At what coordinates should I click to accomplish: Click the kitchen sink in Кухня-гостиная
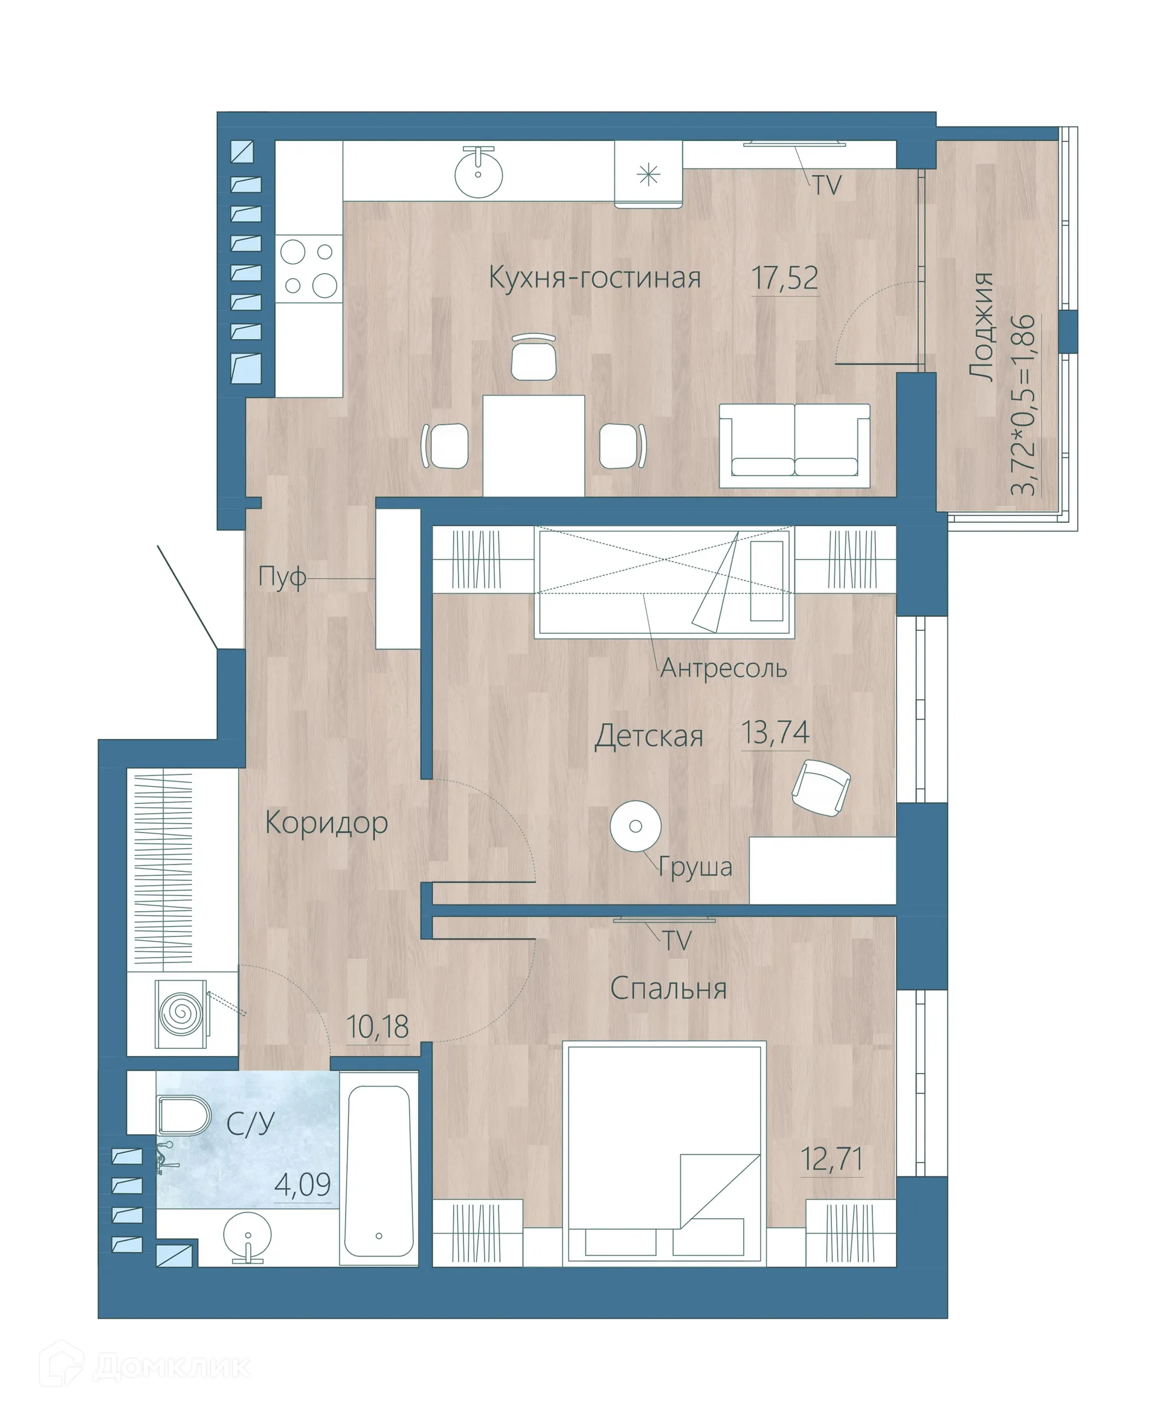tap(478, 172)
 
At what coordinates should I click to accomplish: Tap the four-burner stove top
tap(309, 269)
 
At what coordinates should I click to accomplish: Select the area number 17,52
tap(784, 278)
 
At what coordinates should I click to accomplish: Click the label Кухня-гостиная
tap(594, 277)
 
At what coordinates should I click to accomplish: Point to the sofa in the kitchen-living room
tap(794, 446)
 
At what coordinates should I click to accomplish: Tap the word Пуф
tap(282, 576)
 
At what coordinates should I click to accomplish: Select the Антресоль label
tap(724, 668)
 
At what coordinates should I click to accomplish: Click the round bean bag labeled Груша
tap(636, 826)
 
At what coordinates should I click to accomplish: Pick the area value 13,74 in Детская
tap(775, 733)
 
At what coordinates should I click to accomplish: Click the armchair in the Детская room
tap(820, 788)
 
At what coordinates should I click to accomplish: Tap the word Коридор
tap(326, 823)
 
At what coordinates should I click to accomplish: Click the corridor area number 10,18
tap(378, 1026)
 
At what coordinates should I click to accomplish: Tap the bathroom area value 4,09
tap(302, 1185)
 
